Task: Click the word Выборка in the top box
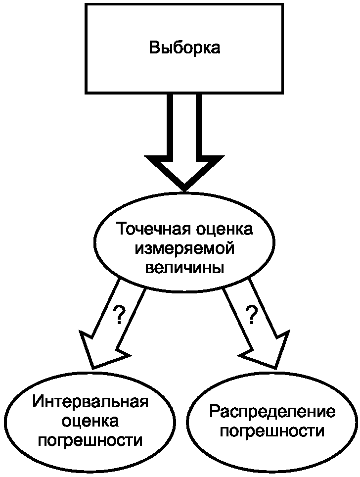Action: (x=184, y=48)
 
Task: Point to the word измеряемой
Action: (x=184, y=248)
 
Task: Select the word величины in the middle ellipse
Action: (x=184, y=267)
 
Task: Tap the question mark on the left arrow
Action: (x=119, y=315)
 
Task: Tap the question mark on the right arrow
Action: (x=252, y=315)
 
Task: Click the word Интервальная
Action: (x=90, y=401)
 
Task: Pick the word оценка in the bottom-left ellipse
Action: (x=90, y=421)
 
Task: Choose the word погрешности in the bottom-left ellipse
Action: (x=90, y=440)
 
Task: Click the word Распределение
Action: (x=272, y=412)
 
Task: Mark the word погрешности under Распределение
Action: (x=272, y=431)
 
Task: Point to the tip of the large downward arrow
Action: (x=184, y=190)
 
